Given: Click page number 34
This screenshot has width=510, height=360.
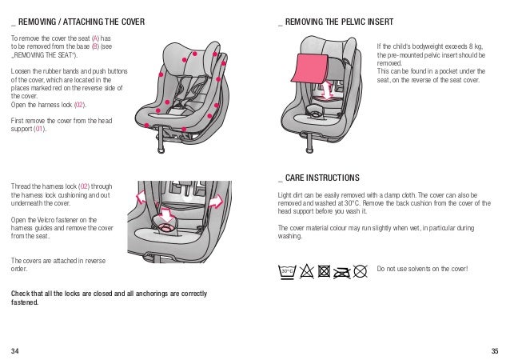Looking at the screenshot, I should tap(15, 350).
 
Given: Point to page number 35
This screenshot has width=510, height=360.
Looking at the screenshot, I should tap(494, 350).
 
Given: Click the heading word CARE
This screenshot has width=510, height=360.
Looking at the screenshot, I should tap(295, 177).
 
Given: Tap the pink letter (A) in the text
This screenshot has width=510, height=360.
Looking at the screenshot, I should tap(96, 38).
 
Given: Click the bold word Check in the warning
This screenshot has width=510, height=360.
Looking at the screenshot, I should tap(21, 294).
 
